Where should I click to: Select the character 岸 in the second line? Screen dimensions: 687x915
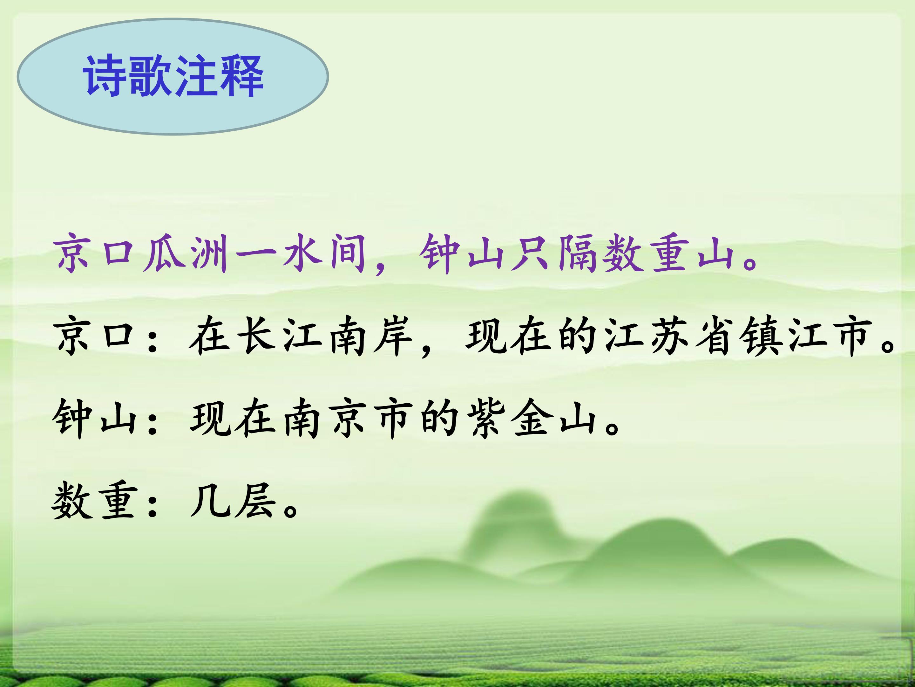(393, 336)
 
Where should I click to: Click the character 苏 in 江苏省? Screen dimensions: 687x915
(670, 336)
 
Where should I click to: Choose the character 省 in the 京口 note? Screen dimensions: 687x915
(715, 336)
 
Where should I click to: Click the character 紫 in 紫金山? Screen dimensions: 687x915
(486, 418)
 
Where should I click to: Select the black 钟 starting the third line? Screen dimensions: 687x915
(73, 418)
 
